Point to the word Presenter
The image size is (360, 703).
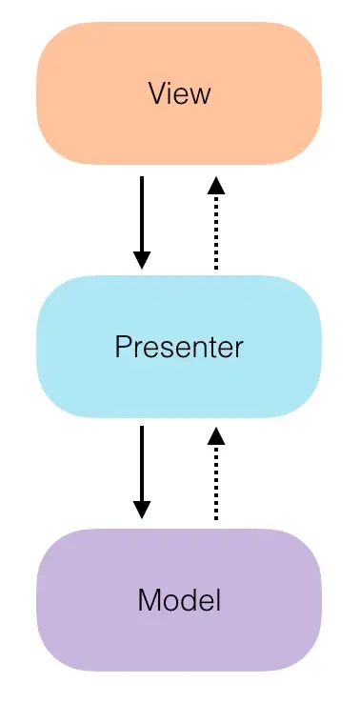[x=179, y=347]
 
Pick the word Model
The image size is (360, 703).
[x=179, y=600]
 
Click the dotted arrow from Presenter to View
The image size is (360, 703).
[x=216, y=229]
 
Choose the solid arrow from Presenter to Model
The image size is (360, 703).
[x=142, y=467]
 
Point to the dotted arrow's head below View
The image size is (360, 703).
[x=216, y=185]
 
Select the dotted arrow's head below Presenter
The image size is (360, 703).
[x=216, y=435]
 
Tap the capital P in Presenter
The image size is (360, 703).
[x=122, y=347]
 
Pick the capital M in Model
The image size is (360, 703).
[x=149, y=600]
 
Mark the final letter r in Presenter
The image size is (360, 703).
[x=240, y=349]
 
